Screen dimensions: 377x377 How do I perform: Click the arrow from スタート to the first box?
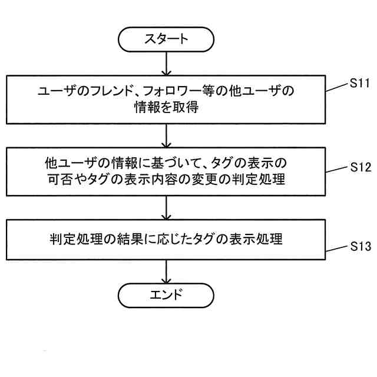click(167, 62)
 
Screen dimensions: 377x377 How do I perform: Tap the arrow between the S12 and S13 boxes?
click(167, 208)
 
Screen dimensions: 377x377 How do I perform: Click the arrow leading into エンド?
click(167, 270)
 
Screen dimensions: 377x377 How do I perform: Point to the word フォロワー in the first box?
click(183, 91)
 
